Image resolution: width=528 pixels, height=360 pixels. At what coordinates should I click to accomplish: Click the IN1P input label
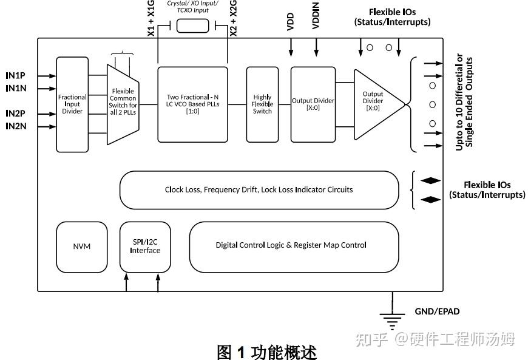[15, 76]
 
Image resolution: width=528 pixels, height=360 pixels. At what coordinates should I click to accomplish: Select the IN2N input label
[15, 126]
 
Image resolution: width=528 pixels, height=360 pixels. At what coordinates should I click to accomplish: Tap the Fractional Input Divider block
[72, 104]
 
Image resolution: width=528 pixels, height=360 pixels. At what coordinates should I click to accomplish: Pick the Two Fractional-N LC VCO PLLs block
[192, 104]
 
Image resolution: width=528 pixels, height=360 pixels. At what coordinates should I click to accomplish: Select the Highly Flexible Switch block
[262, 104]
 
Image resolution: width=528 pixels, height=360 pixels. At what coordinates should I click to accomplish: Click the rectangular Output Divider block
[313, 104]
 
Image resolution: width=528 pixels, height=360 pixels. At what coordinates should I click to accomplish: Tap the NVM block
[81, 246]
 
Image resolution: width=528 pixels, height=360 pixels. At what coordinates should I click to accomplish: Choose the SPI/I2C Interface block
[145, 246]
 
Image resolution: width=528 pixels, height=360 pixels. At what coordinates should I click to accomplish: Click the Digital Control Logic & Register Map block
[291, 245]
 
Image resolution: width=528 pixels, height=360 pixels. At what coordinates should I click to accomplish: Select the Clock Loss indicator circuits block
[259, 189]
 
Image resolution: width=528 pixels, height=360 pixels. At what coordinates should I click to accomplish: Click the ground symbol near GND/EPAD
[392, 318]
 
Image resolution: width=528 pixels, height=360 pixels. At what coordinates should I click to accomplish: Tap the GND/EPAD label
[437, 311]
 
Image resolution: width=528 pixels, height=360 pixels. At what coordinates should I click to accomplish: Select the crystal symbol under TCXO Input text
[192, 25]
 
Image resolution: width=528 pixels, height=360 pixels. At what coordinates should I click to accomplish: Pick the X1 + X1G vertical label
[152, 18]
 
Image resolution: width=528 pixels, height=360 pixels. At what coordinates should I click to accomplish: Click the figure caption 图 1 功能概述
[266, 352]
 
